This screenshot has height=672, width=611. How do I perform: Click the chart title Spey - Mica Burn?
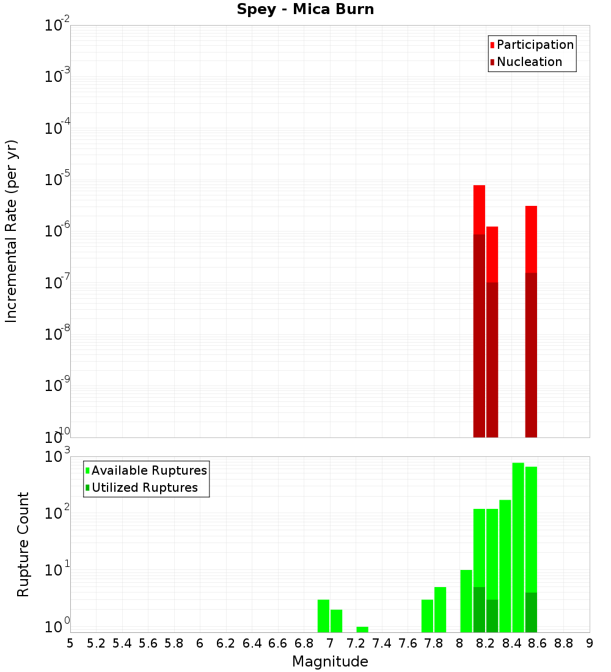[305, 10]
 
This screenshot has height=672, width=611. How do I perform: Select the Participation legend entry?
[535, 45]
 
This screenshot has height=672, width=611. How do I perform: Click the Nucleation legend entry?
[529, 62]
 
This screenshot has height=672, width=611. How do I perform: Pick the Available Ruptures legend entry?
[148, 471]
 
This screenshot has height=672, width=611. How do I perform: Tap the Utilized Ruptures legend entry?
[144, 488]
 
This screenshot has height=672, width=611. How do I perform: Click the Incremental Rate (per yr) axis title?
[12, 232]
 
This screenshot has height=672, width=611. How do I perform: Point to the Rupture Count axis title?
[23, 544]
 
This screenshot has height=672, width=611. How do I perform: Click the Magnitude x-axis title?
[330, 662]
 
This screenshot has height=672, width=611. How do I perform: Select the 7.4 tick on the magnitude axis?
[382, 643]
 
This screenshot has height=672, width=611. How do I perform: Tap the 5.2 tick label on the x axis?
[96, 643]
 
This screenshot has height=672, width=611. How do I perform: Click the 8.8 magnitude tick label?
[563, 643]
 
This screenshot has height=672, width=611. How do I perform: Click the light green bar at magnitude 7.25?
[362, 630]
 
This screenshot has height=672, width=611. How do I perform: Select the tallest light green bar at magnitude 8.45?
[518, 547]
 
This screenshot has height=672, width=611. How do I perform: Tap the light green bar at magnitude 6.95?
[323, 616]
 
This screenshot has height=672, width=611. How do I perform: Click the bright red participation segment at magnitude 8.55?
[531, 239]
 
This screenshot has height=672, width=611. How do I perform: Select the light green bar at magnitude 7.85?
[440, 610]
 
